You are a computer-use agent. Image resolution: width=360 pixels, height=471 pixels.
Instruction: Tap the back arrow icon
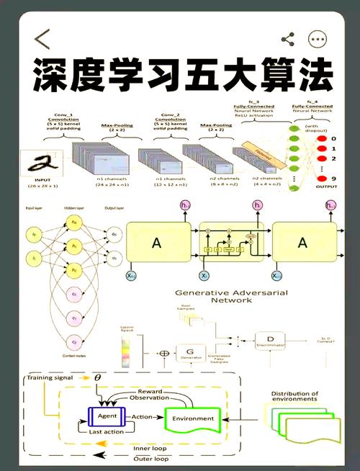42,39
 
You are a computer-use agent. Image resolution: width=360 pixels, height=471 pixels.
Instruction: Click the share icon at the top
287,39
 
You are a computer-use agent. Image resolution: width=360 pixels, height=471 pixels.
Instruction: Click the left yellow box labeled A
156,243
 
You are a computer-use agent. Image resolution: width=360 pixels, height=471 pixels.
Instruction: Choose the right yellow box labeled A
302,243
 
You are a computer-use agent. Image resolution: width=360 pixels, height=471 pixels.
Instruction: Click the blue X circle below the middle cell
204,276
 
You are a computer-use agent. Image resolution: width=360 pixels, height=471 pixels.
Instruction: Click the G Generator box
190,354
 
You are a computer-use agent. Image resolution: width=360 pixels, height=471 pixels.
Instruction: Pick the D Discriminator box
270,339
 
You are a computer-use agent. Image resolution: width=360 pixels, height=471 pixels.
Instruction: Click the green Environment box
193,418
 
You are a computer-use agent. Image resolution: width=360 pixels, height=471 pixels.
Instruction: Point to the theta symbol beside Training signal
98,377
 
